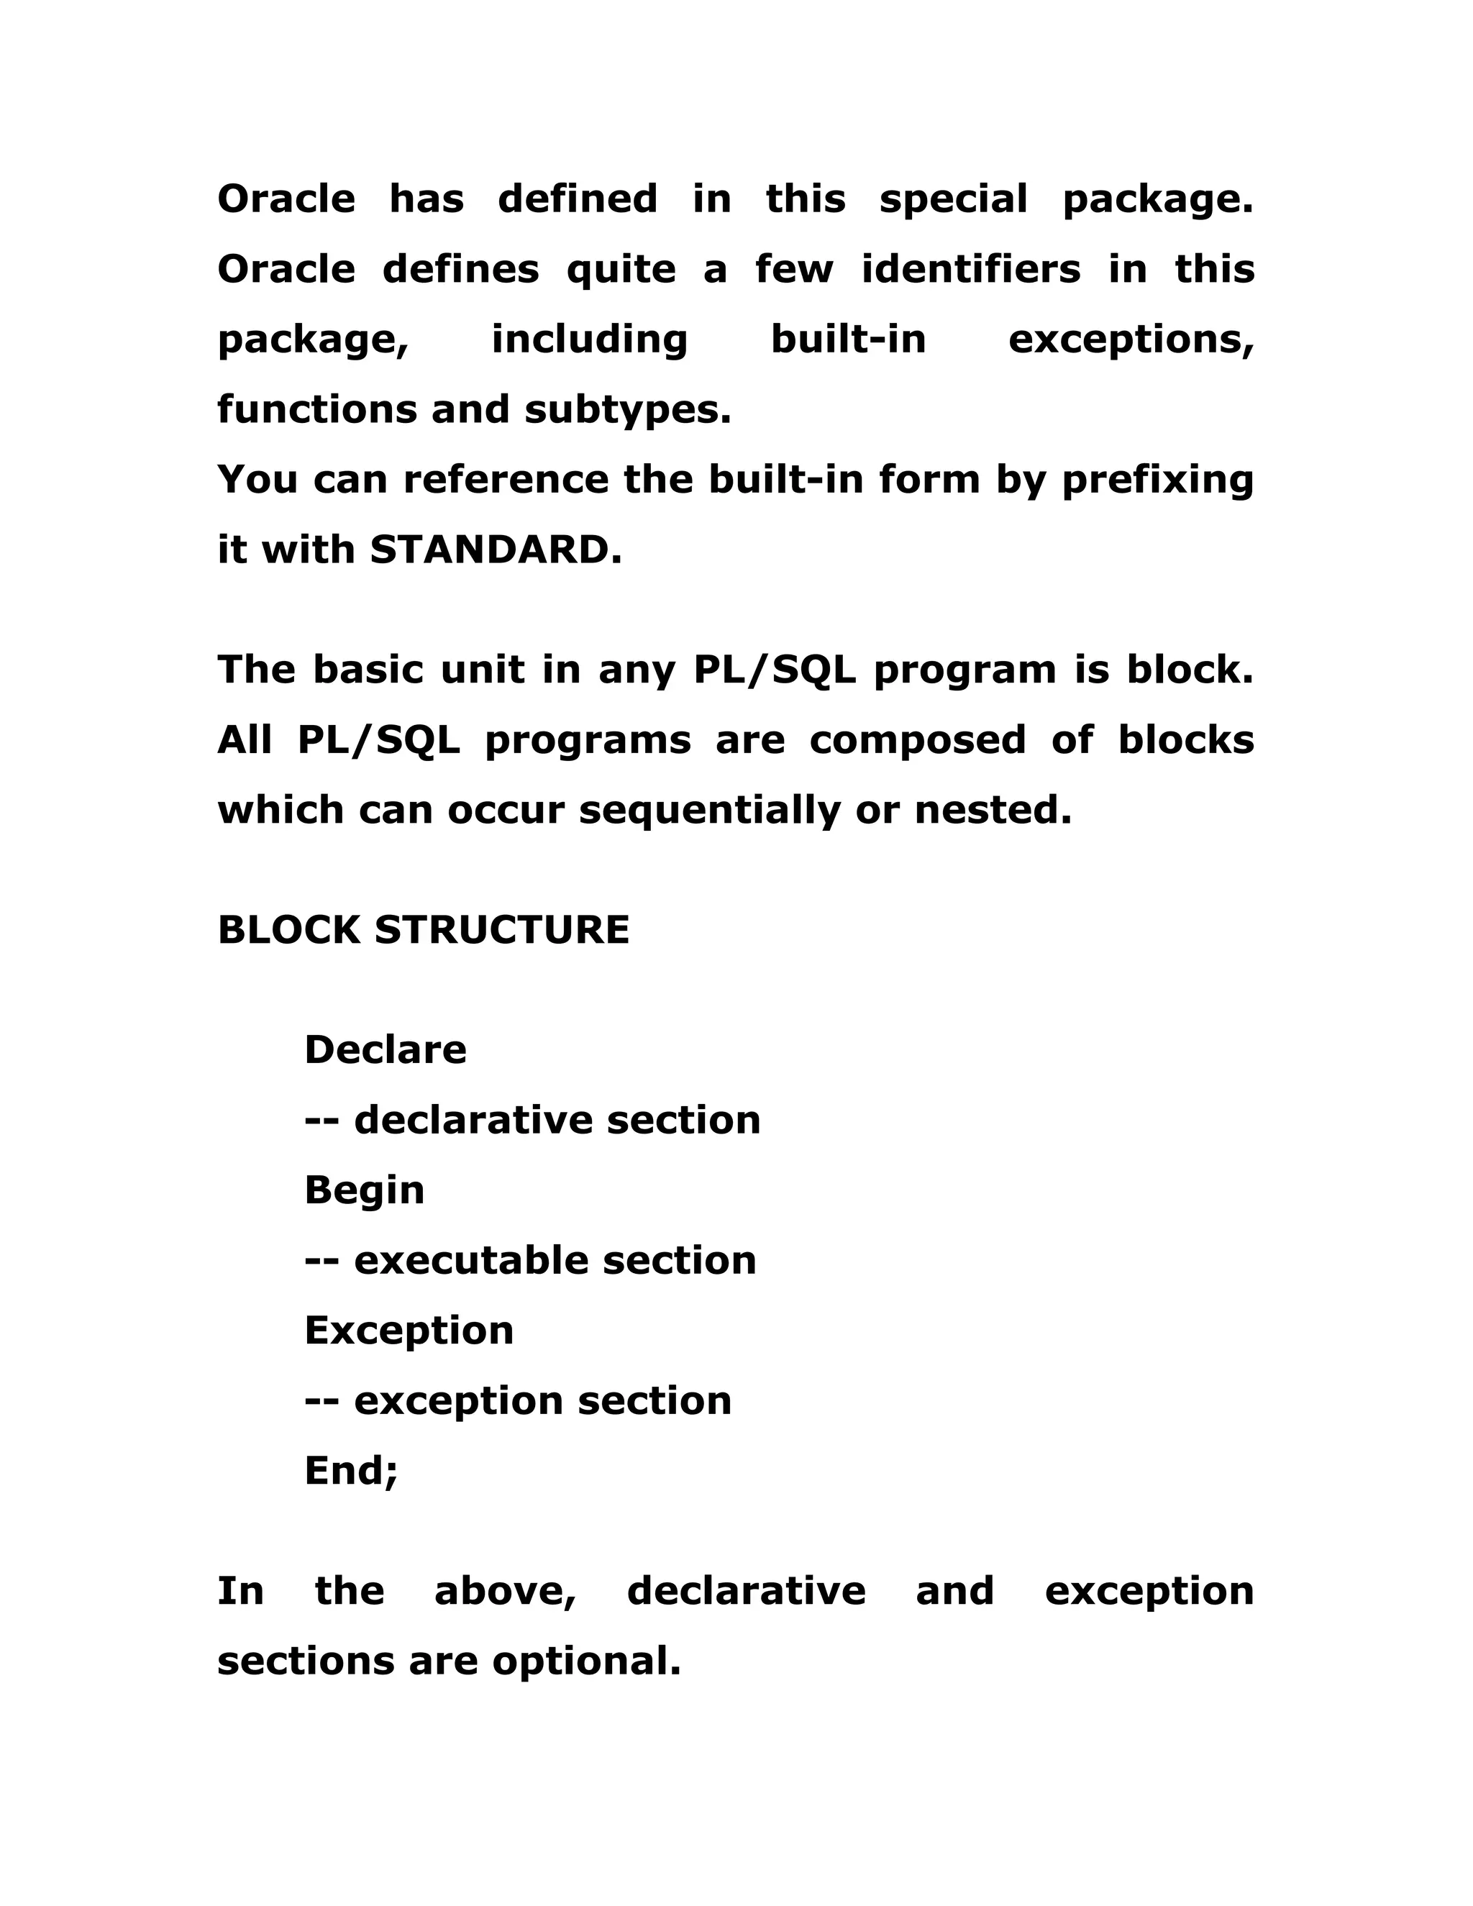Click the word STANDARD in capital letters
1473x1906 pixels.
pyautogui.click(x=496, y=550)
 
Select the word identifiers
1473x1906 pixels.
pyautogui.click(x=970, y=269)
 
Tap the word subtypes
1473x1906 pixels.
pyautogui.click(x=627, y=409)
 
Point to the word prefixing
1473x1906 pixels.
pyautogui.click(x=1157, y=480)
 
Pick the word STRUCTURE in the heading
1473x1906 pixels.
pyautogui.click(x=502, y=930)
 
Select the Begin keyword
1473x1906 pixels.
pyautogui.click(x=364, y=1190)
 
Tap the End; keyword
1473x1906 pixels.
pyautogui.click(x=351, y=1471)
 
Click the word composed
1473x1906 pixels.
pyautogui.click(x=917, y=740)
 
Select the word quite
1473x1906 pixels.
pyautogui.click(x=621, y=270)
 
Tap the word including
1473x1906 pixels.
pyautogui.click(x=590, y=339)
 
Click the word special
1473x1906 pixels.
pyautogui.click(x=953, y=200)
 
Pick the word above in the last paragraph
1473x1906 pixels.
pyautogui.click(x=505, y=1591)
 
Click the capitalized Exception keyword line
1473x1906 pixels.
pyautogui.click(x=409, y=1331)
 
